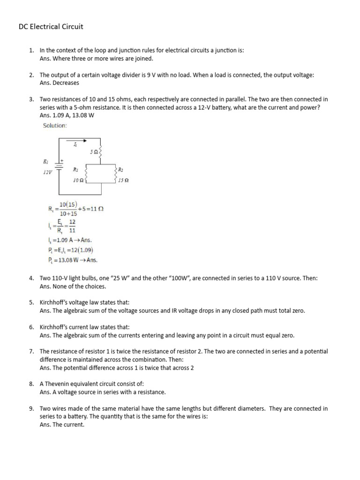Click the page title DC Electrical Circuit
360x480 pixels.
coord(51,27)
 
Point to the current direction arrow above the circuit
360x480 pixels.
coord(75,139)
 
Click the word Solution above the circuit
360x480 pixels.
coord(55,126)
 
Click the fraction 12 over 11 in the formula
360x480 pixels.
coord(72,226)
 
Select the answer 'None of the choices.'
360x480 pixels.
coord(73,286)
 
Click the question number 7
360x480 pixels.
coord(31,351)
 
